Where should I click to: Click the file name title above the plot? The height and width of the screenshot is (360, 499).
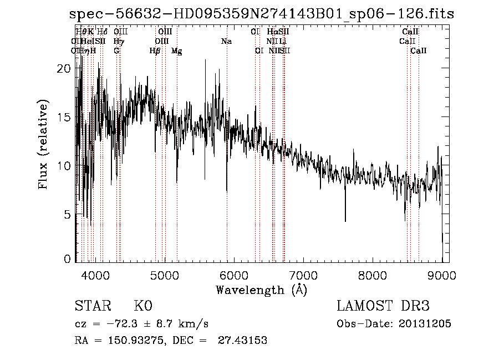point(261,14)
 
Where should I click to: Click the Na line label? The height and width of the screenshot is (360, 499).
point(226,41)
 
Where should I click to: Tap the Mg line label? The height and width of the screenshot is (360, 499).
point(176,51)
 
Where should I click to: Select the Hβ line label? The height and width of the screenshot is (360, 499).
point(155,51)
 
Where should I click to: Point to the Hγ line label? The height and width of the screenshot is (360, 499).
point(119,41)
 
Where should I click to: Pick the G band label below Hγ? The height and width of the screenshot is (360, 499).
point(116,50)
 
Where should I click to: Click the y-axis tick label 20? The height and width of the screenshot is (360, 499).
point(65,69)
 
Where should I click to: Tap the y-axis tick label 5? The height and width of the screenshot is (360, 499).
point(68,214)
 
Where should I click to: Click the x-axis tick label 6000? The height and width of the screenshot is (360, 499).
point(234,275)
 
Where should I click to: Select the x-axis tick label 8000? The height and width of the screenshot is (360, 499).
point(373,275)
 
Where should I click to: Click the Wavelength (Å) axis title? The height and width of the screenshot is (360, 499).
point(261,290)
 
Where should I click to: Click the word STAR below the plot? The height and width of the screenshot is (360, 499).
point(92,306)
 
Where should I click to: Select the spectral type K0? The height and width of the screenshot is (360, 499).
point(143,306)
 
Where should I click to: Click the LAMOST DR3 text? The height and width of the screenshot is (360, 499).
point(383,306)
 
